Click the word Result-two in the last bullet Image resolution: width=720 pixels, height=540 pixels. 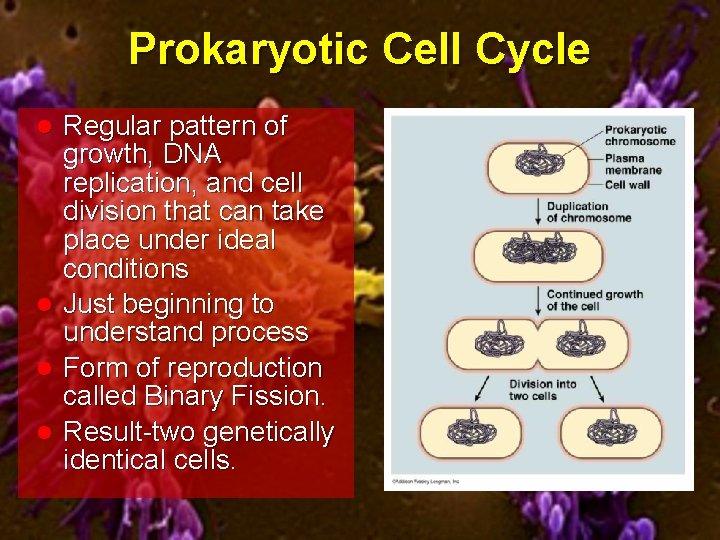[x=129, y=432]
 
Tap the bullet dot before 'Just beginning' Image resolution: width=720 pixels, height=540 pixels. [x=44, y=303]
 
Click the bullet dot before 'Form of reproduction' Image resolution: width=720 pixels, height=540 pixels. [x=44, y=368]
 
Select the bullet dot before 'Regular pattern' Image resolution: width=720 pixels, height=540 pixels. [x=44, y=127]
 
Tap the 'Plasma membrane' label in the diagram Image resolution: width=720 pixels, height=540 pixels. [x=632, y=163]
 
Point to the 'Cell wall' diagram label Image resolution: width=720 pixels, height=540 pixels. [x=628, y=184]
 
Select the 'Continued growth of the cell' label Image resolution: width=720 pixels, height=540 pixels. [x=594, y=300]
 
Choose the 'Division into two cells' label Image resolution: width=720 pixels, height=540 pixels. [x=542, y=389]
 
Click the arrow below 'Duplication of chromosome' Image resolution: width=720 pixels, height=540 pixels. [x=538, y=213]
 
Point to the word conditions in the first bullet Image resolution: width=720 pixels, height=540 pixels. [x=125, y=268]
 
